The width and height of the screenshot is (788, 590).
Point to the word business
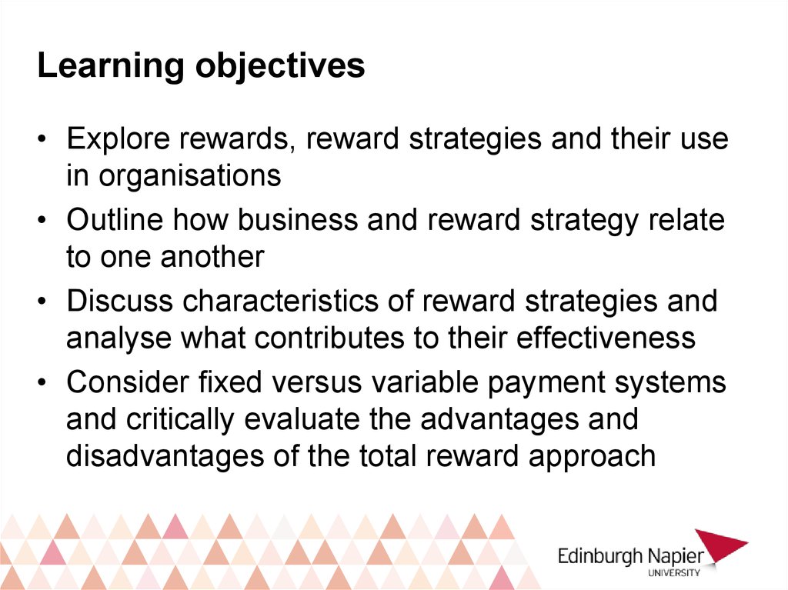pyautogui.click(x=297, y=220)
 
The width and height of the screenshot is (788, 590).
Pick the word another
pyautogui.click(x=212, y=257)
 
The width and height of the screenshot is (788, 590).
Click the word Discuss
pyautogui.click(x=120, y=301)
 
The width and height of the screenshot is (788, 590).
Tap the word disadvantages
pyautogui.click(x=165, y=456)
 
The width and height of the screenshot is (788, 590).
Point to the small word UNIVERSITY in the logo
pyautogui.click(x=674, y=572)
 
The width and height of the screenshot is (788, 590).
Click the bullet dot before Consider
pyautogui.click(x=42, y=383)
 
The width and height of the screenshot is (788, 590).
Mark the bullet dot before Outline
pyautogui.click(x=42, y=221)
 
